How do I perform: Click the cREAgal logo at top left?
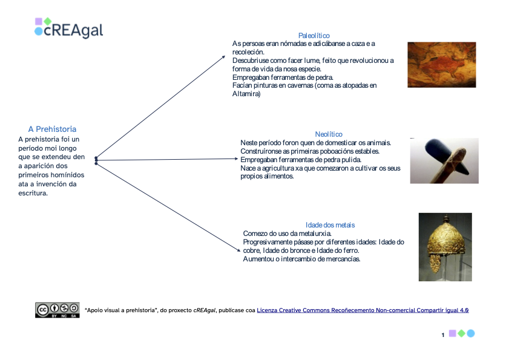tap(69, 28)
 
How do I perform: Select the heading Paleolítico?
tap(314, 36)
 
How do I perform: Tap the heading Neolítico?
tap(329, 134)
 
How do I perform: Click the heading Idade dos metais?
tap(330, 225)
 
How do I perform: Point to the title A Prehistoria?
tap(52, 129)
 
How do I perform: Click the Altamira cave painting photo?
tap(442, 65)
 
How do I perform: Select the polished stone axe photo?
tap(444, 161)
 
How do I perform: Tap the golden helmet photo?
tap(445, 247)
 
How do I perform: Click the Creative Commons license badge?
tap(57, 310)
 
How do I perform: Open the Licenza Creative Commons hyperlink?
tap(363, 310)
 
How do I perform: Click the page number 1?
tap(443, 335)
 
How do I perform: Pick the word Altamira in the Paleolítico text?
tap(246, 94)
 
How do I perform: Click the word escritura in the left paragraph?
tap(33, 193)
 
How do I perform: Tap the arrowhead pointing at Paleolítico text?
tap(224, 57)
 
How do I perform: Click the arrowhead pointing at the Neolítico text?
tap(237, 159)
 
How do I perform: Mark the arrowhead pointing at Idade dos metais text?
tap(239, 250)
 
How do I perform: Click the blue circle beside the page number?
tap(471, 333)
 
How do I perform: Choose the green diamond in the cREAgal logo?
tap(48, 21)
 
